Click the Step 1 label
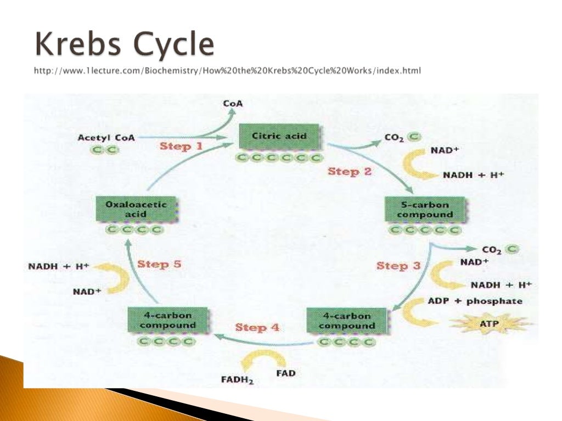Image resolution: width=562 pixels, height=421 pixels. (181, 147)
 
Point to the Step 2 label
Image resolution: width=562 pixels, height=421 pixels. (350, 172)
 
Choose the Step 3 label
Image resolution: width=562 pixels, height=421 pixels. (398, 266)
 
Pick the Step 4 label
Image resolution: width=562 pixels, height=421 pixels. (257, 328)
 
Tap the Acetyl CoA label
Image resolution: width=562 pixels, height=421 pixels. (106, 138)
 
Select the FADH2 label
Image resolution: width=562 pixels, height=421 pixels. (237, 379)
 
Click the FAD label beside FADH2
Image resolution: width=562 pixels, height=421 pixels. (285, 373)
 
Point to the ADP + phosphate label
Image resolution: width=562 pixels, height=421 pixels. (475, 301)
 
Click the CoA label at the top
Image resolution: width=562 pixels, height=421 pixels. (233, 103)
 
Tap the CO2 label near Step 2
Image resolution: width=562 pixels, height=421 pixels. (394, 139)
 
